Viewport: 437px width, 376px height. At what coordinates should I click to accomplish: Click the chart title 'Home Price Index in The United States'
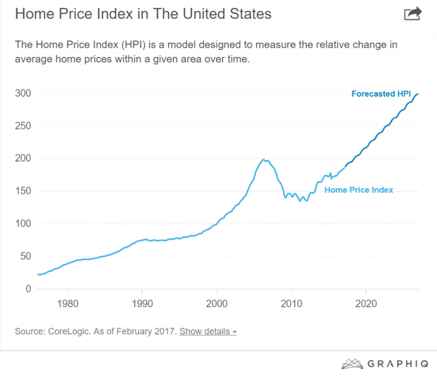click(143, 14)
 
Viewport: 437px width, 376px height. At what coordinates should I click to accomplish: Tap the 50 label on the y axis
click(24, 256)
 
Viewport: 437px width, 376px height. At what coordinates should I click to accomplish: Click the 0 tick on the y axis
click(27, 289)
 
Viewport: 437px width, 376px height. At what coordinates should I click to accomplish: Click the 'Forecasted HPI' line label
click(381, 94)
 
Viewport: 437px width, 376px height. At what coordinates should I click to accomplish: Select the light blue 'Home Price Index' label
click(358, 190)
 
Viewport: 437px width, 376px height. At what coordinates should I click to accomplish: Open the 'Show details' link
click(205, 331)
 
